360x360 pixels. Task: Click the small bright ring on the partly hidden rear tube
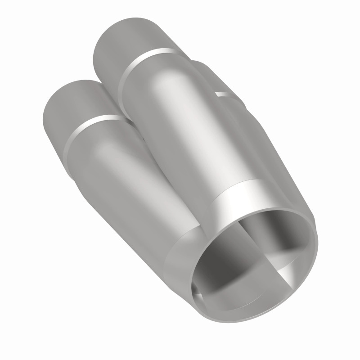[223, 94]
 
